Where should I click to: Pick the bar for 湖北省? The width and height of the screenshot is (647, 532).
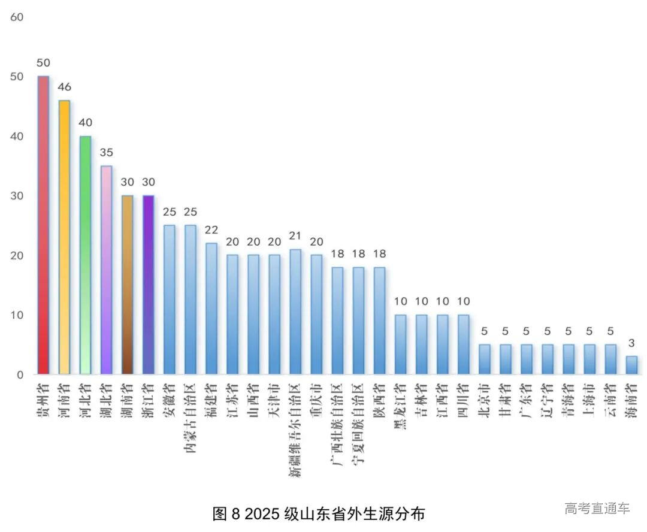point(106,270)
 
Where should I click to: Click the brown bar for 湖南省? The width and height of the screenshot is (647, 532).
point(127,285)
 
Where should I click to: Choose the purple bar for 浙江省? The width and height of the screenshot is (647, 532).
point(148,285)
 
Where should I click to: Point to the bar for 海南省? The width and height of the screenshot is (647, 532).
point(631,365)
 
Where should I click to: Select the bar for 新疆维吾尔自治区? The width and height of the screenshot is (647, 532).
point(295,312)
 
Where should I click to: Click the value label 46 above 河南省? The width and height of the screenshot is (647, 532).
point(64,87)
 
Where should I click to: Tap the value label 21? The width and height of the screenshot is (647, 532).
point(295,236)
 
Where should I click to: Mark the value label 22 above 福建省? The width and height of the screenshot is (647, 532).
point(211,230)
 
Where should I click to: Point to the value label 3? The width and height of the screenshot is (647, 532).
point(631,343)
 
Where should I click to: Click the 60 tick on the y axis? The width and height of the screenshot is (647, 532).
point(17,17)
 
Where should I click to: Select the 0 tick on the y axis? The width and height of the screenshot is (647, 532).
point(20,375)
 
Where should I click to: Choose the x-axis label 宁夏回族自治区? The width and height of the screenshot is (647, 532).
point(358,425)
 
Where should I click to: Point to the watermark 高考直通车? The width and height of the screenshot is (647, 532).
point(597,509)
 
